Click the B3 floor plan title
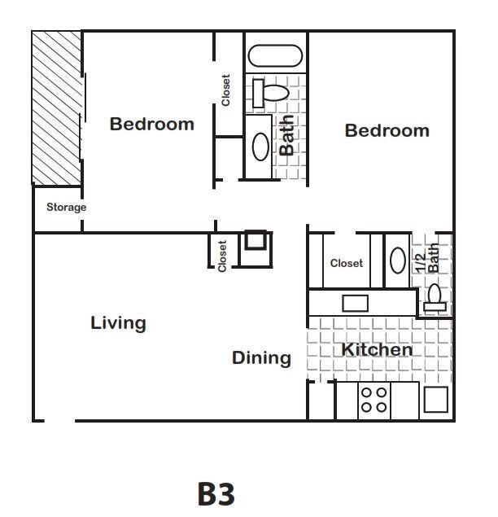coord(216,493)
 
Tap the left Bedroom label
coord(152,125)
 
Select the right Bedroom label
coord(387,131)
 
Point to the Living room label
coord(118,323)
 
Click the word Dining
coord(261,358)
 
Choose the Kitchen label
coord(376,350)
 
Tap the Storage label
coord(66,208)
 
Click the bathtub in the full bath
coord(275,56)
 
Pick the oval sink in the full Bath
coord(260,146)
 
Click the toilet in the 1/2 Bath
coord(435,298)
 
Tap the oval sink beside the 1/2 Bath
coord(397,261)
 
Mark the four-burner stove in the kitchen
coord(374,400)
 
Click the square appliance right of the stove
coord(435,400)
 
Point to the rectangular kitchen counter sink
coord(355,304)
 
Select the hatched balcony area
coord(56,108)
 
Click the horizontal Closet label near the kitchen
coord(347,263)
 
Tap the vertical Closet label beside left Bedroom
coord(226,90)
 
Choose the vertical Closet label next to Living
coord(222,255)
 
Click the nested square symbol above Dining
coord(256,243)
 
